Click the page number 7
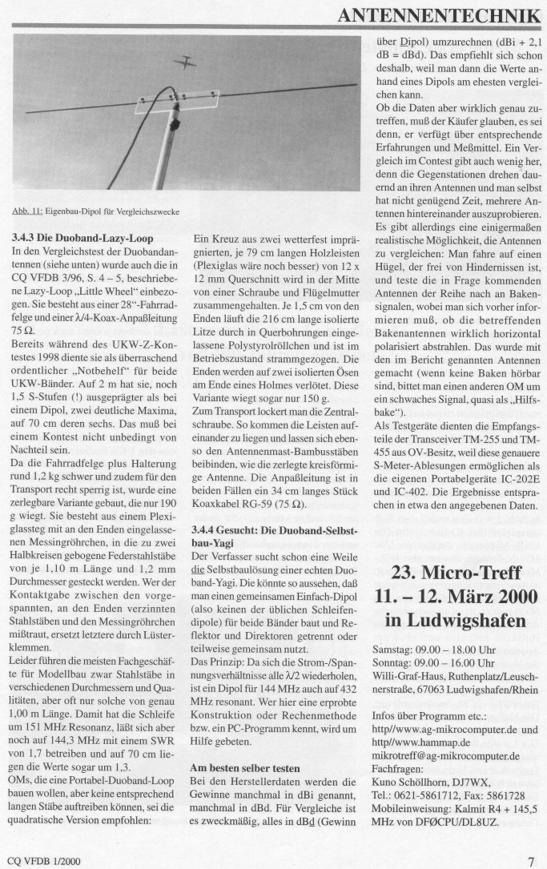pyautogui.click(x=532, y=861)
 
